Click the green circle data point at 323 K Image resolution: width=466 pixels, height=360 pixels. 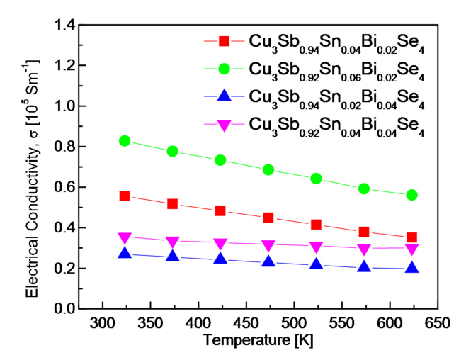125,140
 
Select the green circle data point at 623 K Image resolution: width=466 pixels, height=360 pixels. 411,195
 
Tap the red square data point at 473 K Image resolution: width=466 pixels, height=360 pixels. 268,218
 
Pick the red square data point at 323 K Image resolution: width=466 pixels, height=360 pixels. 125,196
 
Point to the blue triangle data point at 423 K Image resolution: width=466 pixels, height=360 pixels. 220,259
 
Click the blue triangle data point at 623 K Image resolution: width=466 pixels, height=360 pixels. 411,268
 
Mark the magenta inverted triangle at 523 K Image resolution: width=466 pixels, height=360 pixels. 316,247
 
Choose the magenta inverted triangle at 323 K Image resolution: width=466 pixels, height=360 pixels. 125,238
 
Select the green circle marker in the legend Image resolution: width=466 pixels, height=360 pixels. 225,68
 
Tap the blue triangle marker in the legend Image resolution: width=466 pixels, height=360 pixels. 225,95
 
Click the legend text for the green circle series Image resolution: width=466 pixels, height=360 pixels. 336,69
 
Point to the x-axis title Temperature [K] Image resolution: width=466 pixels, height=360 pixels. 268,340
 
